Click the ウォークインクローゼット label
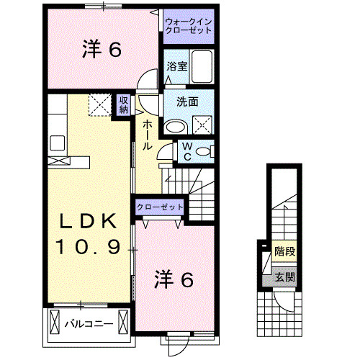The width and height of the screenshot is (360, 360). [x=189, y=27]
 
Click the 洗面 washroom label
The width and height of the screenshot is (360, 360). [x=188, y=102]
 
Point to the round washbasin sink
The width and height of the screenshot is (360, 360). [x=175, y=126]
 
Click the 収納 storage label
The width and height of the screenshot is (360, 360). [x=124, y=105]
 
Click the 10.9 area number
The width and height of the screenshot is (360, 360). [x=89, y=247]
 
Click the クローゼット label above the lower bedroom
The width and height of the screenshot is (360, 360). [x=160, y=207]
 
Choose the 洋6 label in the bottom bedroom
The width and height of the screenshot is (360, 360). [x=175, y=279]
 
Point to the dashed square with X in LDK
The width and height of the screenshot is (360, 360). [x=100, y=105]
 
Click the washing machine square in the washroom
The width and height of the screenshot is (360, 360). [x=202, y=125]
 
